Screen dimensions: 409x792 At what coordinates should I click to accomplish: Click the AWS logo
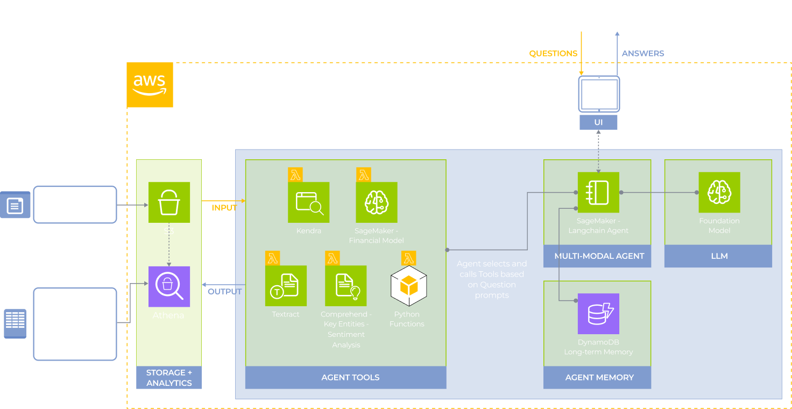(150, 84)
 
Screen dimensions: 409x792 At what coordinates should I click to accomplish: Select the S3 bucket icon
(169, 202)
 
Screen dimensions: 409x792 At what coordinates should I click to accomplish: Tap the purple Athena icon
(169, 286)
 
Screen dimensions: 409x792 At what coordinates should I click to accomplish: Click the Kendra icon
(309, 202)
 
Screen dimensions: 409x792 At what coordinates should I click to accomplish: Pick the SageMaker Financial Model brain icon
(377, 202)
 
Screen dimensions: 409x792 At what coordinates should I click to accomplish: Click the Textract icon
(286, 286)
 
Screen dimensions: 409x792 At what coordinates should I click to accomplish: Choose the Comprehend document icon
(345, 286)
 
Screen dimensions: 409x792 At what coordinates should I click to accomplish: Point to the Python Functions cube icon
(408, 286)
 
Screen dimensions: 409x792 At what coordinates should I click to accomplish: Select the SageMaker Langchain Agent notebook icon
(598, 192)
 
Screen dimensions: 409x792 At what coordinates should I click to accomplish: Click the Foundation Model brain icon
(719, 192)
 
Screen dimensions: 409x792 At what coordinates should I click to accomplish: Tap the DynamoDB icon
(598, 314)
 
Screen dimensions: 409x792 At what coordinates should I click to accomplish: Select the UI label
(598, 122)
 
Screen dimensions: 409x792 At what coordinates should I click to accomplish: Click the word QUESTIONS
(553, 53)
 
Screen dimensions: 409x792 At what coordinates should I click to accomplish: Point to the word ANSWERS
(643, 53)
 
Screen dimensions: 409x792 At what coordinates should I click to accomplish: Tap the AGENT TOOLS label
(350, 377)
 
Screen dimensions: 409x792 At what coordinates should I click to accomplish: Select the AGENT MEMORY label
(599, 377)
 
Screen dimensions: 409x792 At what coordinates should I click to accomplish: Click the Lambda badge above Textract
(273, 258)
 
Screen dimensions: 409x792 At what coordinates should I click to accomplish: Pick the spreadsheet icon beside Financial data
(15, 323)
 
